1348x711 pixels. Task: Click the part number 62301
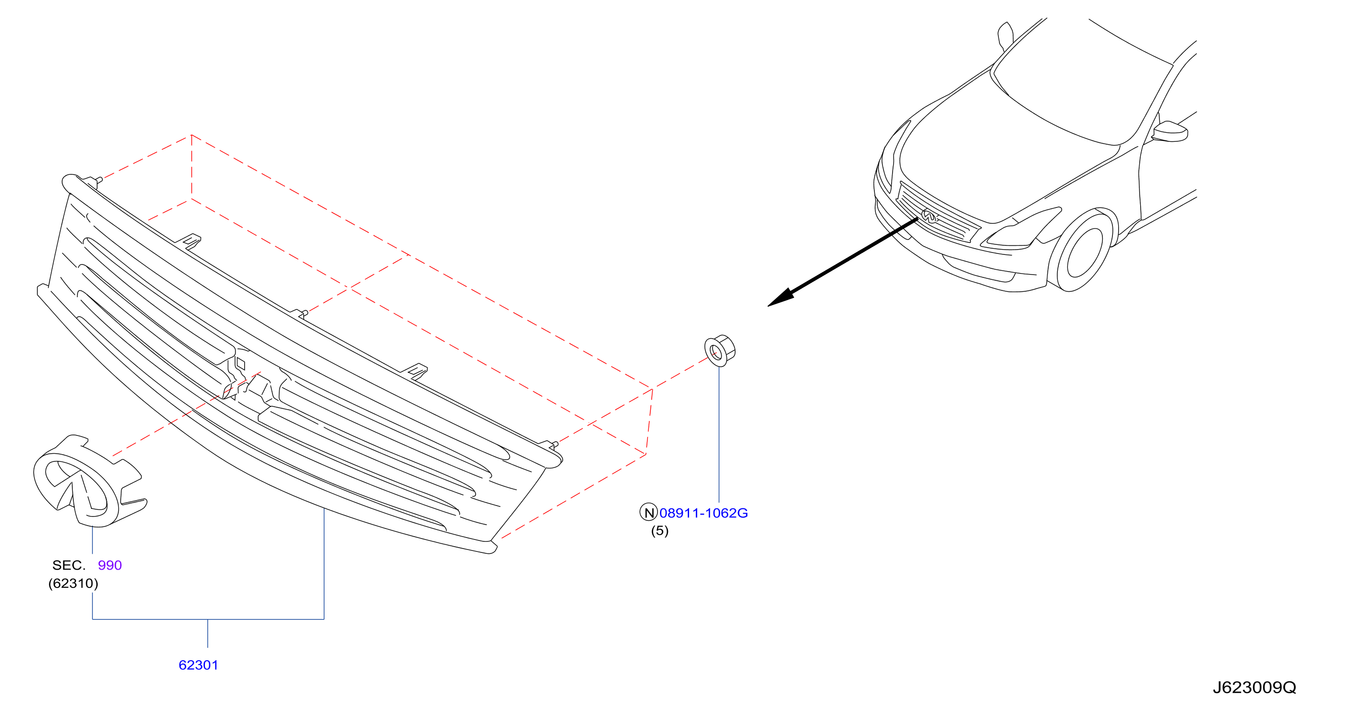click(x=198, y=665)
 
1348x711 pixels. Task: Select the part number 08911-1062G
click(x=703, y=513)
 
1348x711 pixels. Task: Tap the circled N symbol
click(x=649, y=513)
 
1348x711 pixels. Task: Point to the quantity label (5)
click(x=659, y=531)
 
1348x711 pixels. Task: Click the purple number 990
click(x=110, y=565)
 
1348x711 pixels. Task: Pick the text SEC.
click(x=68, y=565)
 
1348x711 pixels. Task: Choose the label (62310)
click(x=73, y=583)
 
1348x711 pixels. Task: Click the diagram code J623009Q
click(x=1254, y=688)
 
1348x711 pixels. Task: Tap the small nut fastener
click(x=720, y=350)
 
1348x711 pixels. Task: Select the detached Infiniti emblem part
click(x=89, y=481)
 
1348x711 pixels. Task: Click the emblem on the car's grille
click(x=929, y=216)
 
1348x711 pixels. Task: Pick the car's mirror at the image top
click(x=1005, y=35)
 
